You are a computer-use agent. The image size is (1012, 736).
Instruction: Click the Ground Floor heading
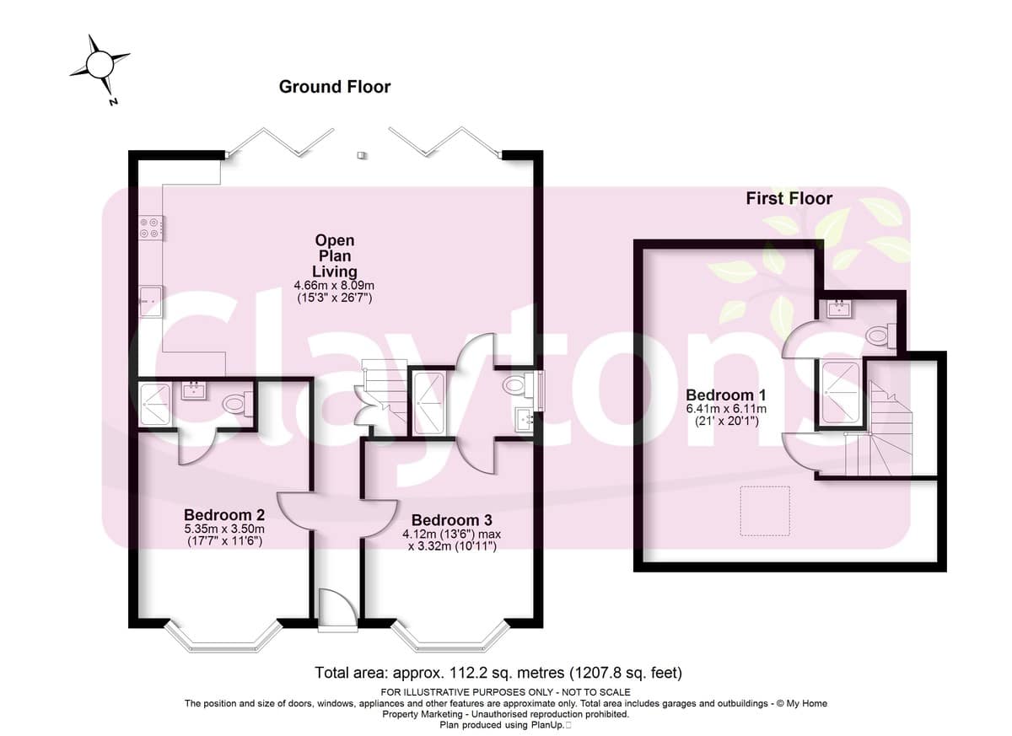click(x=335, y=87)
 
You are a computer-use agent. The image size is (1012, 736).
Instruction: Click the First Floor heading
click(x=789, y=199)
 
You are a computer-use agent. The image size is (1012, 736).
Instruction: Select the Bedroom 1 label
click(x=726, y=395)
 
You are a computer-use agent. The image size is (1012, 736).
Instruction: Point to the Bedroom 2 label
click(x=224, y=515)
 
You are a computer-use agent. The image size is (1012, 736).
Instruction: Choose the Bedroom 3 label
click(x=452, y=520)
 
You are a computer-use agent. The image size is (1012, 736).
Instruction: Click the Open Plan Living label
click(x=335, y=255)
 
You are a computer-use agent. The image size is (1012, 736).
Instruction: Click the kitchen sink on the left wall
click(x=150, y=302)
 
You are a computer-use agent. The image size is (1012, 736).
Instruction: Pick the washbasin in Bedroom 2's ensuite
click(x=195, y=390)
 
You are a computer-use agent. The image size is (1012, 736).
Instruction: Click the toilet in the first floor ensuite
click(x=882, y=336)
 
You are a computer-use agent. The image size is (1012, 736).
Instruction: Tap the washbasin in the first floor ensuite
click(x=839, y=309)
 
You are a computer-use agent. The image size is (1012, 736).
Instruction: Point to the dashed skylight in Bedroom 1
click(x=765, y=511)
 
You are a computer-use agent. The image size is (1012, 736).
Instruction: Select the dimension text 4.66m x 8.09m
click(x=334, y=285)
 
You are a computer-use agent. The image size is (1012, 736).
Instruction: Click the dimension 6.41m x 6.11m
click(x=726, y=409)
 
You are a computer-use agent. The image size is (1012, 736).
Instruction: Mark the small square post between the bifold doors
click(x=361, y=155)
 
